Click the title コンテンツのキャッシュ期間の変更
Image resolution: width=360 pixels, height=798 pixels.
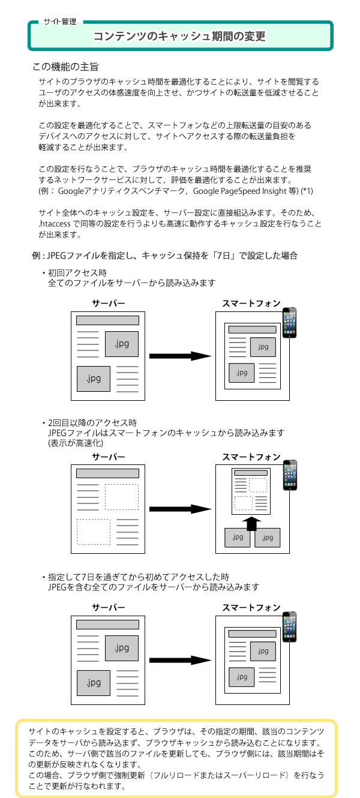tap(179, 36)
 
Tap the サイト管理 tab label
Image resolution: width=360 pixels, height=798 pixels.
tap(60, 22)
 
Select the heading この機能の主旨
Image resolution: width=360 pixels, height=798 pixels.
tap(65, 67)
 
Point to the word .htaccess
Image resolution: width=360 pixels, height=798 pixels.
tap(55, 224)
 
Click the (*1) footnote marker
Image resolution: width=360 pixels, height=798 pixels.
tap(307, 191)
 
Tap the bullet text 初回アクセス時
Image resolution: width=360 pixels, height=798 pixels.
tap(77, 273)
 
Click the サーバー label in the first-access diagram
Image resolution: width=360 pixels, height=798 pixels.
tap(108, 303)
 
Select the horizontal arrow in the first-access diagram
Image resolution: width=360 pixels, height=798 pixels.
tap(180, 356)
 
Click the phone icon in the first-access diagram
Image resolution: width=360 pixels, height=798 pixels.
tap(289, 322)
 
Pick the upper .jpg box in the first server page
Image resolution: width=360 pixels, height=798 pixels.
tap(121, 344)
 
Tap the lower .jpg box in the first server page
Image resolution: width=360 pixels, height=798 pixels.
tap(94, 379)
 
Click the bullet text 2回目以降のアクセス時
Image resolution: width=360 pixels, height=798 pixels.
tap(92, 423)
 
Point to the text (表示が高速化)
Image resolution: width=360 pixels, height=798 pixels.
tap(76, 443)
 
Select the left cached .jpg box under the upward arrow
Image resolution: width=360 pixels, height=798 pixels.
tap(238, 538)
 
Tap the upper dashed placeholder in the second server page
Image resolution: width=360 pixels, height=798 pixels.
tap(121, 497)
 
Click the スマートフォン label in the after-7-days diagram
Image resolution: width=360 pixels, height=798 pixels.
tap(251, 607)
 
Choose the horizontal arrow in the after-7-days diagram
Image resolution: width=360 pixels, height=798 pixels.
tap(180, 660)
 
